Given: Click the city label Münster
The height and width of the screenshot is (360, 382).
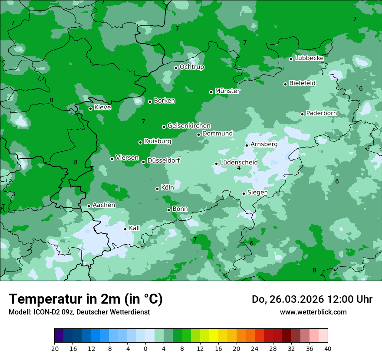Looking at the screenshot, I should point(227,91).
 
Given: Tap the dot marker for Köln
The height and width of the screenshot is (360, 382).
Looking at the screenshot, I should point(157,189).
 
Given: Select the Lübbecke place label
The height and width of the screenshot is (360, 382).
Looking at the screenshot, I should point(309,58).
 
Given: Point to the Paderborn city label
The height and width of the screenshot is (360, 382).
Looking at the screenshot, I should point(321,113).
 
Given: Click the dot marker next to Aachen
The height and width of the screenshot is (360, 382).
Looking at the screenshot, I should point(89,206).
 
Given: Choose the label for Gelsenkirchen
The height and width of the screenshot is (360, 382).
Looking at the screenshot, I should point(189,126).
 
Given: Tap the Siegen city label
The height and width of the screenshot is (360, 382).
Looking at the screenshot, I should point(257,193).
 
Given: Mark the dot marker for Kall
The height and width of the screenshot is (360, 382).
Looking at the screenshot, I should point(125,229).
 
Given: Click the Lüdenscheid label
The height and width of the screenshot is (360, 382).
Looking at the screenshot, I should point(239,163).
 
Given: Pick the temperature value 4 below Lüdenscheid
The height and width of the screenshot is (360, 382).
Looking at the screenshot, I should point(239,168).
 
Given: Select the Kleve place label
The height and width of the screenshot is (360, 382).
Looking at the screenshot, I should point(102,108).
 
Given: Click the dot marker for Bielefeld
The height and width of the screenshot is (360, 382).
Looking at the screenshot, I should point(285,84).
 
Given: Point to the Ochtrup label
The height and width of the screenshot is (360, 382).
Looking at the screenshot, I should point(191,67).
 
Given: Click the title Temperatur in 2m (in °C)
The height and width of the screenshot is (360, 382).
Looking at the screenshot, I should point(86,299).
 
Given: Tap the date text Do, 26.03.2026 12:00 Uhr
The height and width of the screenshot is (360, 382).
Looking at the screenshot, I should point(312,299).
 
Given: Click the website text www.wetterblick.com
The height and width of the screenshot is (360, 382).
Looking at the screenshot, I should point(313,312).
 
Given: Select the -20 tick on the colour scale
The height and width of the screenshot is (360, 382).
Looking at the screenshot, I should point(54,349).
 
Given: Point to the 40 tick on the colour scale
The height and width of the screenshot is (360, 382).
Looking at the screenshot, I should point(328,349).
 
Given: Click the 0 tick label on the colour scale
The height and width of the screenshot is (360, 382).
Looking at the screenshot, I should point(145,349).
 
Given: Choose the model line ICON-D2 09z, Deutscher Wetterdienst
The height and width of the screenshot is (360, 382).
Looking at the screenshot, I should point(79,312).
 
